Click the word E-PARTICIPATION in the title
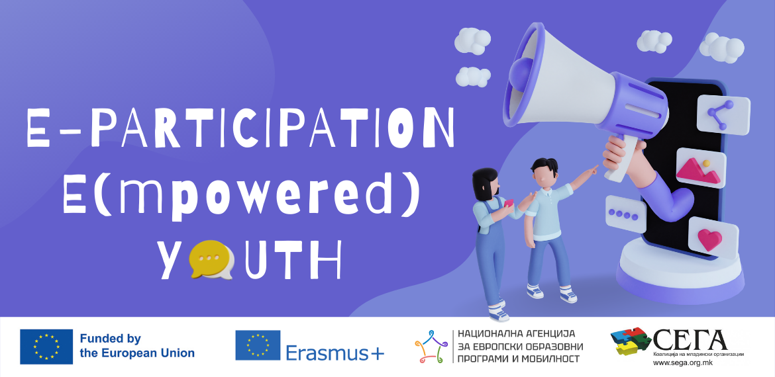[240, 128]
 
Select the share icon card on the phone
[723, 115]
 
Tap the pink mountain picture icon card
[700, 168]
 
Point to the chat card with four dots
[626, 214]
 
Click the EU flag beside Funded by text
[46, 347]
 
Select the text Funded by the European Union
[137, 346]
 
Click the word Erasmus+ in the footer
[335, 353]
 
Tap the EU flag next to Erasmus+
[258, 345]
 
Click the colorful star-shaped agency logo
[431, 347]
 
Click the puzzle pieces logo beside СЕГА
[631, 341]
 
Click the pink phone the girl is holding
[509, 203]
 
